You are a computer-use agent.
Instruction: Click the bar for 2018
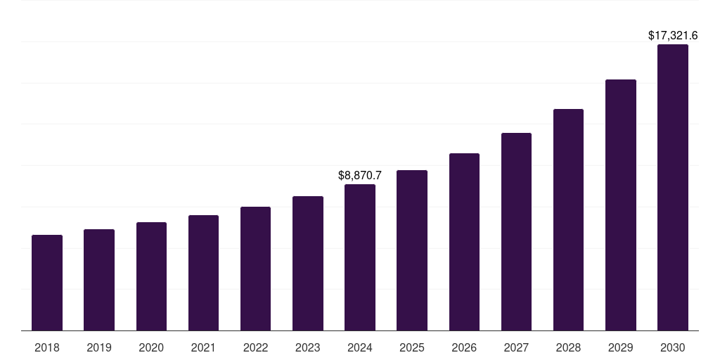[47, 283]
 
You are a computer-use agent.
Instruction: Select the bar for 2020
[151, 276]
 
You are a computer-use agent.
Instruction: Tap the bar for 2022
[255, 269]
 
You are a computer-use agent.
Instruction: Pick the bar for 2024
[360, 257]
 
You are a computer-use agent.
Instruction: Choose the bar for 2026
[464, 242]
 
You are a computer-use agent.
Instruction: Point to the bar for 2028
[568, 219]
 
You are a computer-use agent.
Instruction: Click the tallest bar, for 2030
[672, 188]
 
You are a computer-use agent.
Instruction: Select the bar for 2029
[620, 205]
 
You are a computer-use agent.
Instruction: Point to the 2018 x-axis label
[47, 347]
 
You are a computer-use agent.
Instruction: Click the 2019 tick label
[99, 347]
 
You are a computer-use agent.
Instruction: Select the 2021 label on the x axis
[203, 347]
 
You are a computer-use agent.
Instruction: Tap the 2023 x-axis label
[307, 347]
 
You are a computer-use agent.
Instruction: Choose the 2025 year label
[412, 347]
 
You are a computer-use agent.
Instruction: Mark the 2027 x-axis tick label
[516, 347]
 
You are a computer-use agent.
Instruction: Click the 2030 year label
[672, 347]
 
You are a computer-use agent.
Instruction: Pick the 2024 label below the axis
[360, 347]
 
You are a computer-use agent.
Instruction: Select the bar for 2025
[412, 250]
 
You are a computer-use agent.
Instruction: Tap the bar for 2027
[516, 231]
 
